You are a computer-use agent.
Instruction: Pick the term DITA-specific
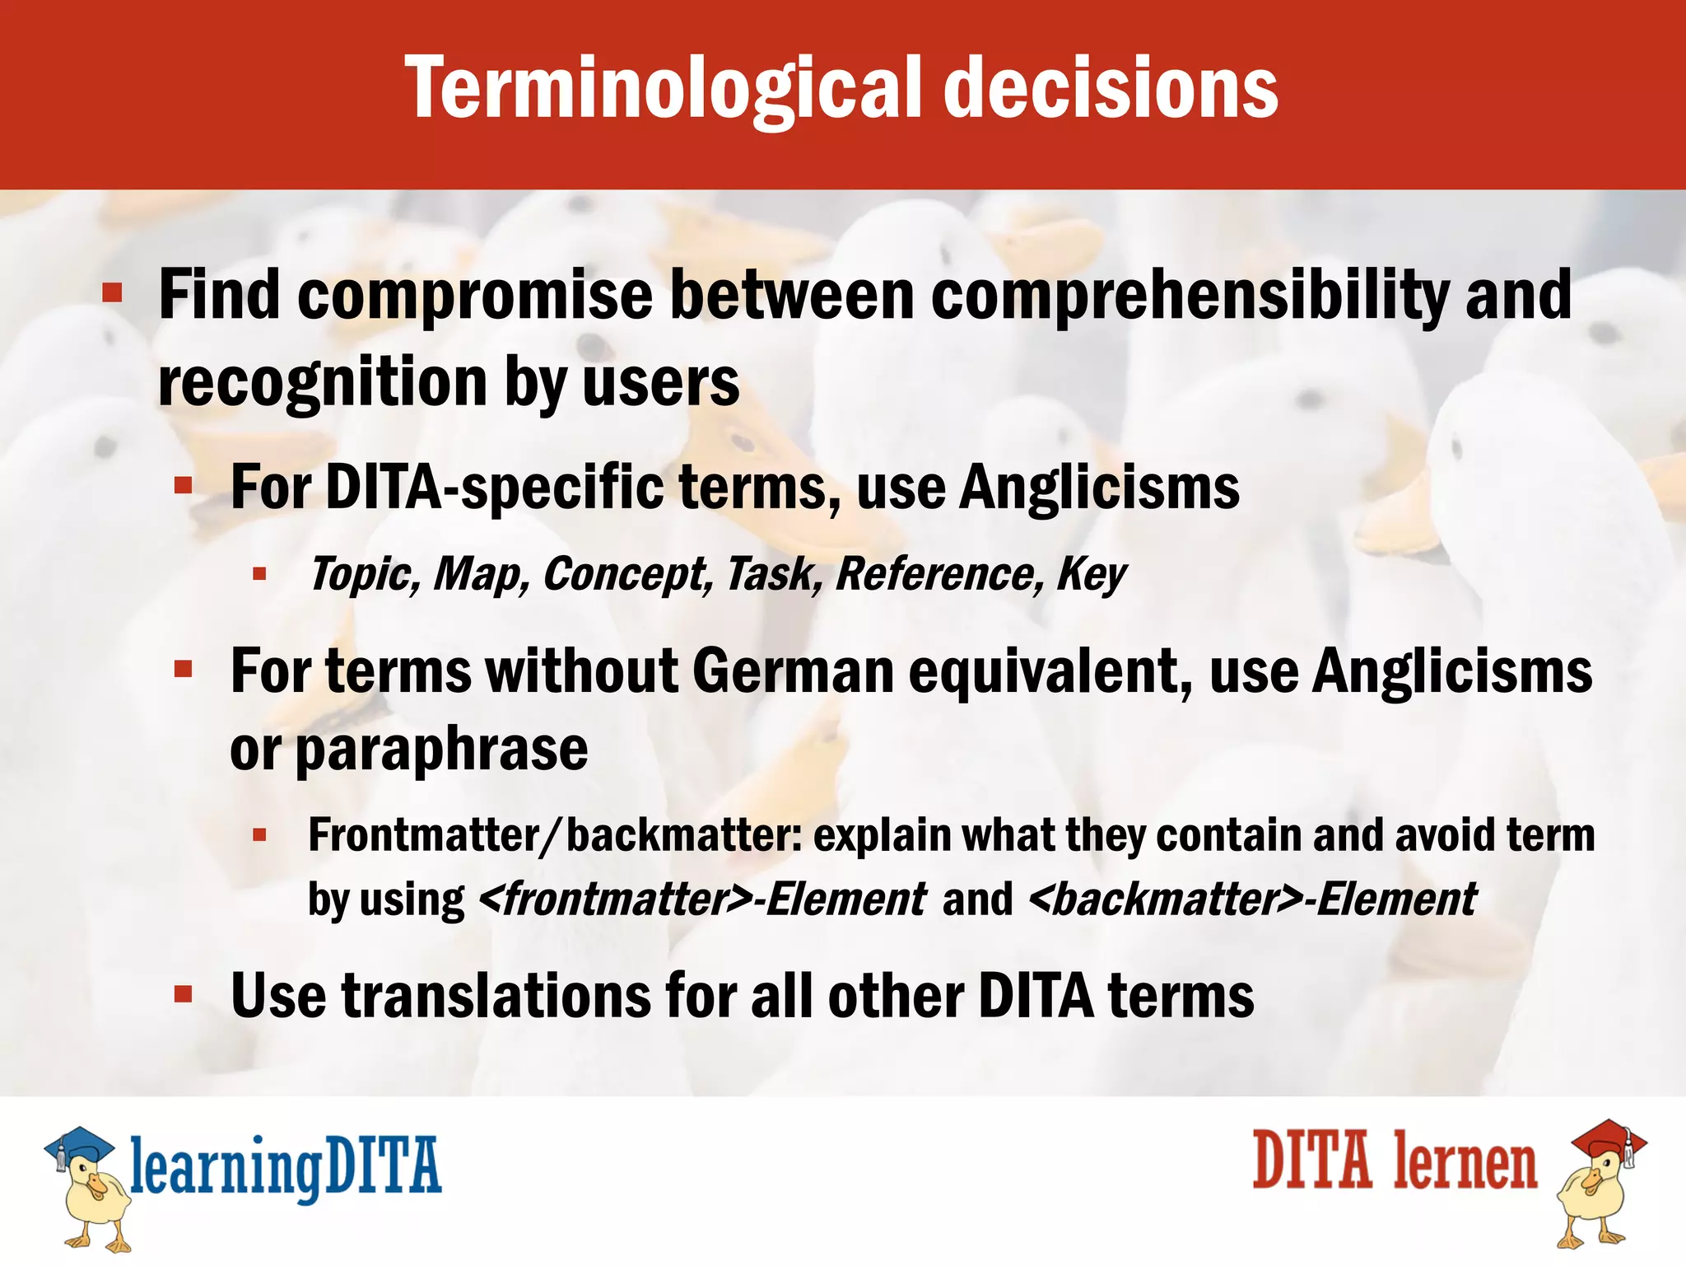point(494,488)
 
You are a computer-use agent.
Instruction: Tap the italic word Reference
point(938,574)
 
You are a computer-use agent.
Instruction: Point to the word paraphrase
point(441,750)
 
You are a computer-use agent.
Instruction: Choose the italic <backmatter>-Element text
point(1252,899)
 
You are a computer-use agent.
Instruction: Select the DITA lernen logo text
point(1395,1161)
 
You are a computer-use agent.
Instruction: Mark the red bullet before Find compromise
point(113,292)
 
